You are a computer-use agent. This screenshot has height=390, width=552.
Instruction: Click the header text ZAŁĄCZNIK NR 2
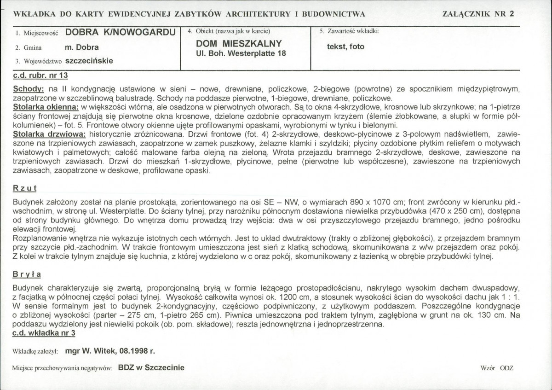pos(477,13)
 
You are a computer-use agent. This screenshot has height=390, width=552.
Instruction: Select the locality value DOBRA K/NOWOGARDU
pos(121,32)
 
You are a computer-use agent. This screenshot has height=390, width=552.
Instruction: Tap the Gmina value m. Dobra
pos(82,47)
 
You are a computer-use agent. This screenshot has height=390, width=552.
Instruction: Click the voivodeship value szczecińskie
pos(90,60)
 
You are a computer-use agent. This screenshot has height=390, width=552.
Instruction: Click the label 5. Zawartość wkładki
pos(349,32)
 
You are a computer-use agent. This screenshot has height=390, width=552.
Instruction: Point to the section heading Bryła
pos(27,274)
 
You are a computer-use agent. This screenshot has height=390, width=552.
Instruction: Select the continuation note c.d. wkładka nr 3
pos(44,332)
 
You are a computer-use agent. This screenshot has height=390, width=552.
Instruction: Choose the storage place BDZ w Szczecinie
pos(151,367)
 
